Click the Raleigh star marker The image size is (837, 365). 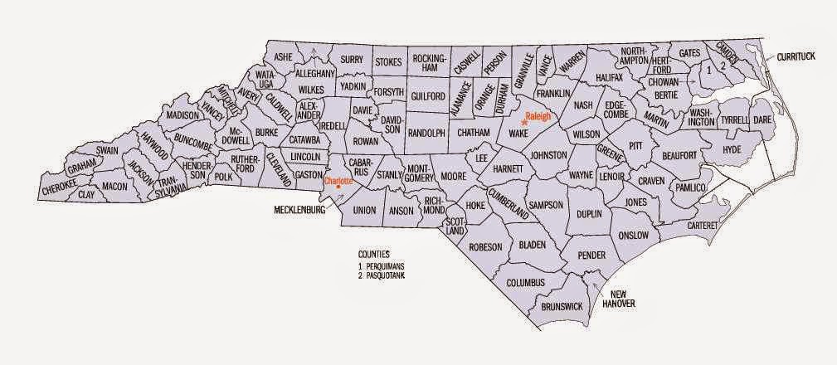pyautogui.click(x=523, y=123)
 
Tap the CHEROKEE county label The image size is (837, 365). pyautogui.click(x=60, y=192)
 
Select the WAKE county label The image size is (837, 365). pyautogui.click(x=518, y=134)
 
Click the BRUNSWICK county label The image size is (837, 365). pyautogui.click(x=562, y=306)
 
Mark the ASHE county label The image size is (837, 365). pyautogui.click(x=284, y=56)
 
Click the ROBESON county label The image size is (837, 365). pyautogui.click(x=485, y=246)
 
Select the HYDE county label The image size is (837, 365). pyautogui.click(x=731, y=149)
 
